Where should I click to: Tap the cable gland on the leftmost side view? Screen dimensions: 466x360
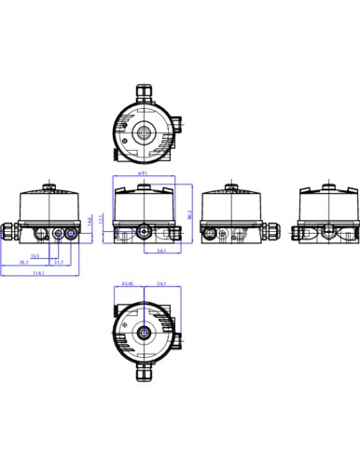(x=12, y=229)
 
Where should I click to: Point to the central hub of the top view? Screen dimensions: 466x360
(x=145, y=132)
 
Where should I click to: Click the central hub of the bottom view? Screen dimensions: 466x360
(x=145, y=332)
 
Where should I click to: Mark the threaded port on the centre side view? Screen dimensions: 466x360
(x=144, y=229)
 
